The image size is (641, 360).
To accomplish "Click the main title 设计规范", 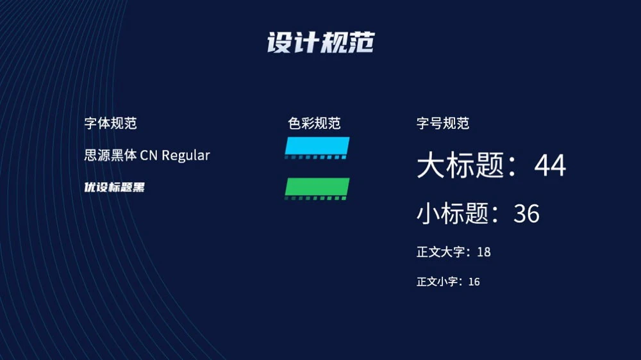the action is click(321, 42).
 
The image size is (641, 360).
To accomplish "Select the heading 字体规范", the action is click(110, 123).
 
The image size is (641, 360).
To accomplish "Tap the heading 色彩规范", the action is click(314, 123).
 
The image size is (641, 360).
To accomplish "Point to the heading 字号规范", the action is click(443, 123).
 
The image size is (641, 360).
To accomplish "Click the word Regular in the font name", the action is click(186, 156).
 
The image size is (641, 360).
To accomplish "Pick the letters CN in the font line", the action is click(149, 156).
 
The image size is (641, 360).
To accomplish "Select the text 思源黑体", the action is click(110, 155).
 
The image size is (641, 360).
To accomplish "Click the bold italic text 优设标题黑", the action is click(115, 187).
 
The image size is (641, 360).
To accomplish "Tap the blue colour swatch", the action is click(317, 145).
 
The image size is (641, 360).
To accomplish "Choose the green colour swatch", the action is click(317, 187).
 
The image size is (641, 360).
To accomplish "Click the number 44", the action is click(550, 165).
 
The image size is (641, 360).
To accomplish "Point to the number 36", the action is click(526, 214).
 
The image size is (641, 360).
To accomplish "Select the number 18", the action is click(483, 252).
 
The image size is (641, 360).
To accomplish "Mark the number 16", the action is click(474, 282).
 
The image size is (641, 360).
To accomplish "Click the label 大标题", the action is click(460, 165).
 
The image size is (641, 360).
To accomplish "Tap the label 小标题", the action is click(453, 214).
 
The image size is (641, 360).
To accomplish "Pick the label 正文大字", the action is click(441, 252).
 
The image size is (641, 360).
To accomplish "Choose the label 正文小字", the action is click(437, 282).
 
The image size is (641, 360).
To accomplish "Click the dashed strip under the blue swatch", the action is click(315, 158).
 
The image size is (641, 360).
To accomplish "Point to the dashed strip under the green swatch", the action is click(315, 198).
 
